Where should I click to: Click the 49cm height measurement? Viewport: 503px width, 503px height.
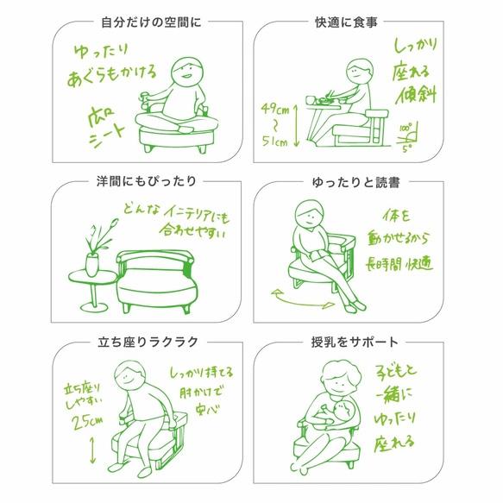(274, 109)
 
